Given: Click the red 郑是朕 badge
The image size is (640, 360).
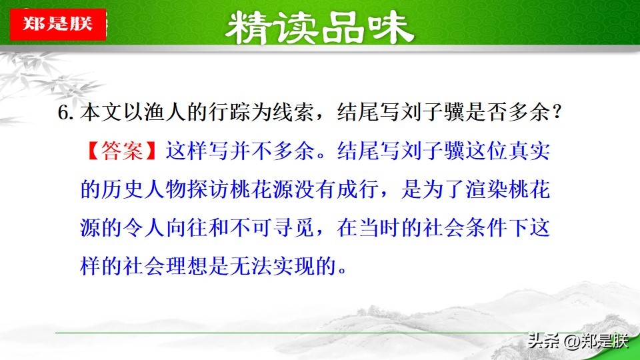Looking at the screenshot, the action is (x=58, y=24).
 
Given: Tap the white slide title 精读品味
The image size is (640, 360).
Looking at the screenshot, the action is (x=319, y=27).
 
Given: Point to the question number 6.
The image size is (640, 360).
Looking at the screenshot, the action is (x=65, y=113).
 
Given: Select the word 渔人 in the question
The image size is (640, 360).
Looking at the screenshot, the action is (x=165, y=112).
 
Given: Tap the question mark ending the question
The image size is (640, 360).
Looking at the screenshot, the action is (x=556, y=112).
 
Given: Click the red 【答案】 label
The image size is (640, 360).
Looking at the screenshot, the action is (x=122, y=151).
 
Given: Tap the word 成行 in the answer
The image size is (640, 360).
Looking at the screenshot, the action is (x=359, y=189).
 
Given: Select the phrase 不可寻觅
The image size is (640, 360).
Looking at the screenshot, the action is (x=272, y=227).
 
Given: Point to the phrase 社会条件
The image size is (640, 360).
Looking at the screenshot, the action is (x=465, y=227).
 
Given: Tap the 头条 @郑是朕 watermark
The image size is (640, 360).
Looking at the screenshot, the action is (x=578, y=341).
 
